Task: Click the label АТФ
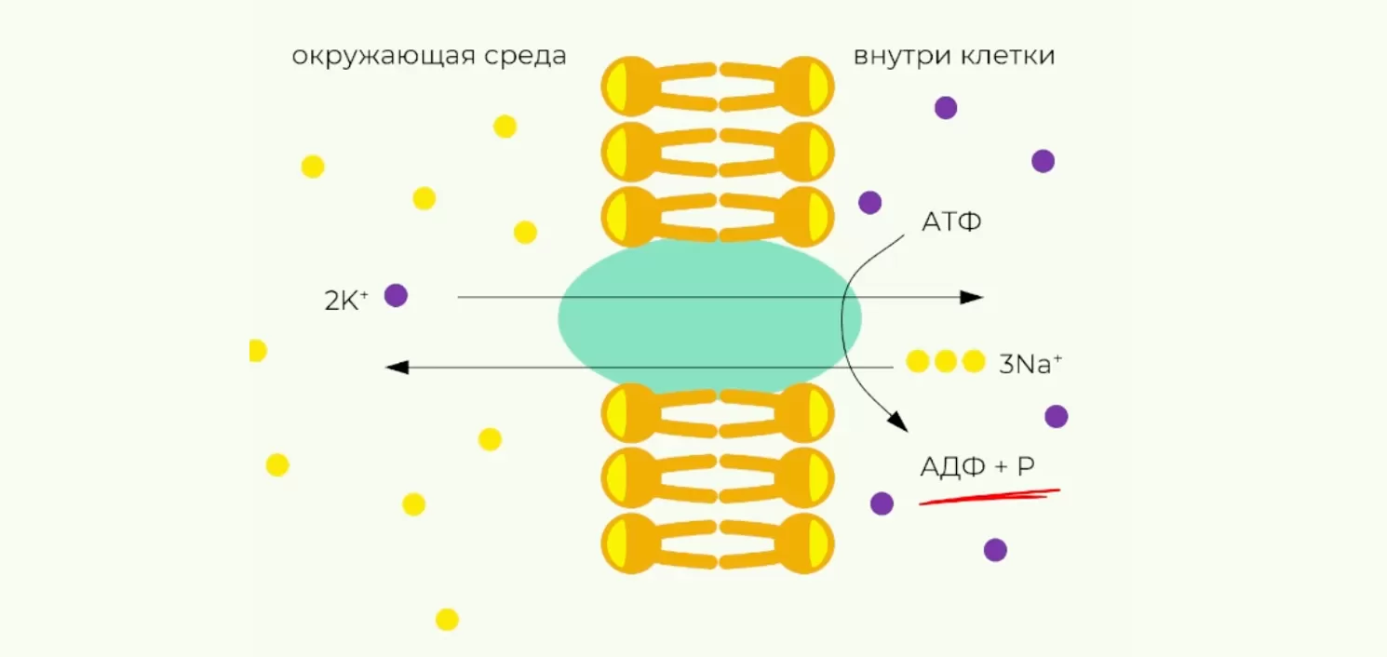(x=951, y=222)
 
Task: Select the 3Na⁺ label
(x=1030, y=364)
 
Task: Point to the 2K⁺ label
(x=347, y=300)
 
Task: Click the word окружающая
(x=384, y=57)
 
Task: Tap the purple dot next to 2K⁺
(x=397, y=296)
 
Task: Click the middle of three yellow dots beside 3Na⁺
(x=946, y=361)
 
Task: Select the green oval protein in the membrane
(x=709, y=317)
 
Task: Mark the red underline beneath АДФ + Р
(x=990, y=496)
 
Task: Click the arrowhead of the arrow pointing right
(x=972, y=297)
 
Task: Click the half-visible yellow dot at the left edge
(x=257, y=351)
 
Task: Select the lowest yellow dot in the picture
(x=447, y=619)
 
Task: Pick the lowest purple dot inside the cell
(x=995, y=550)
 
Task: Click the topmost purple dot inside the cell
(x=946, y=108)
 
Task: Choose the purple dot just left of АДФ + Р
(x=882, y=503)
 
